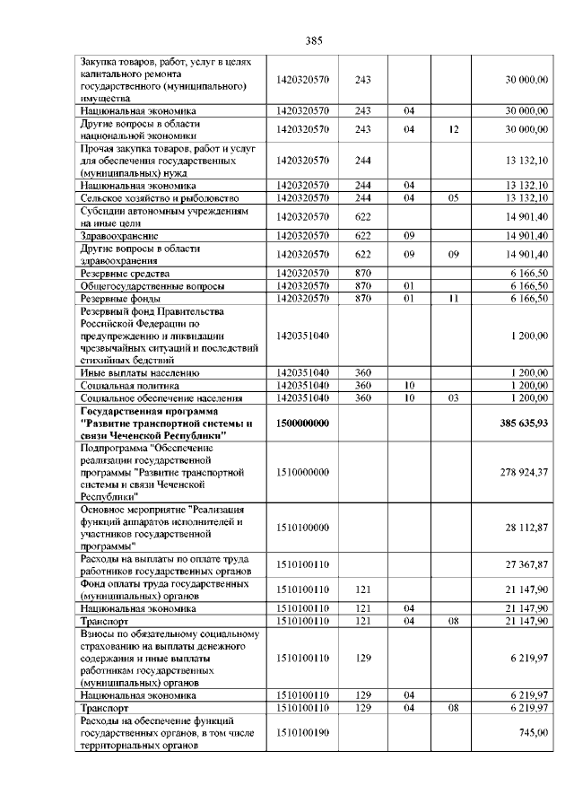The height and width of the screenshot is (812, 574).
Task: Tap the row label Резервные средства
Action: pos(125,273)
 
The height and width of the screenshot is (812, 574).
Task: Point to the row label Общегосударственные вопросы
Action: pos(141,285)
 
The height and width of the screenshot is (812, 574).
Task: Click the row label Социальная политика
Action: pos(129,385)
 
